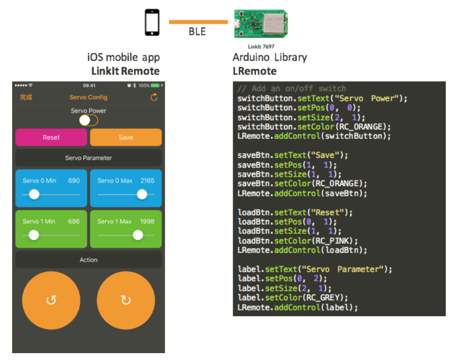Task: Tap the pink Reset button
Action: coord(51,137)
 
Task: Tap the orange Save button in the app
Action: coord(126,137)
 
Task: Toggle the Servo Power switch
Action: coord(88,120)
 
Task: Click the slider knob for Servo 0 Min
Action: coord(34,194)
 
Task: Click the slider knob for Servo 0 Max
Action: coord(142,194)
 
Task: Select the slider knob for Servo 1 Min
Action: coord(34,235)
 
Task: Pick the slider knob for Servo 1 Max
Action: coord(138,235)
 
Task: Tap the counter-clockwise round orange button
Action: coord(51,300)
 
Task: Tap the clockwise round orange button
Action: coord(126,300)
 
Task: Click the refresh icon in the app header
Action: coord(154,97)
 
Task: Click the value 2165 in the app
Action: coord(147,181)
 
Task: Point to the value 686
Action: coord(74,221)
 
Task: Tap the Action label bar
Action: coord(88,260)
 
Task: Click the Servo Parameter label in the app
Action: coord(88,158)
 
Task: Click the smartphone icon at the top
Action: coord(152,22)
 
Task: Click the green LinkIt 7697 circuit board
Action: coord(261,24)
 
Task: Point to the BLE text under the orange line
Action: coord(197,32)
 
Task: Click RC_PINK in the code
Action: coord(333,241)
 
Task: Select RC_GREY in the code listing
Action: coord(324,298)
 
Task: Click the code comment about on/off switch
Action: coord(292,88)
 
